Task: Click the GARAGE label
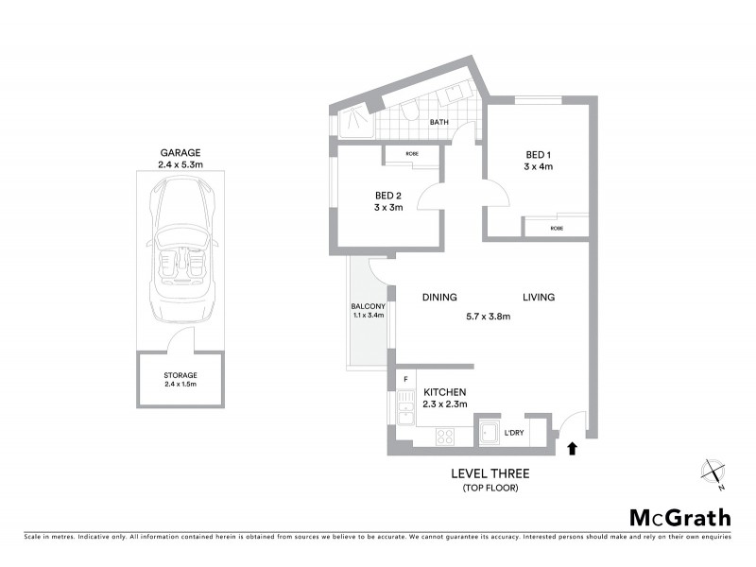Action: [180, 152]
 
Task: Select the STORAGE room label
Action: [180, 375]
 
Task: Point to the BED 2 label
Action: [389, 197]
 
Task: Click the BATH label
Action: [439, 123]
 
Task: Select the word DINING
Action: [439, 298]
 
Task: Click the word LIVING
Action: [539, 298]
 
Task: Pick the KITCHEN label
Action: [444, 392]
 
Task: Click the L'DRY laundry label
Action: [514, 433]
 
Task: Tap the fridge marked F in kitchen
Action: [404, 380]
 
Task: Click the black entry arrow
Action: [571, 449]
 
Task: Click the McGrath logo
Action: [679, 517]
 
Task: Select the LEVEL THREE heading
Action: [489, 473]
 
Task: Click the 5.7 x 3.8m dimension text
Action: [489, 317]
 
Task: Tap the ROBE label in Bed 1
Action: [557, 228]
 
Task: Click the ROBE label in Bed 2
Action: [412, 154]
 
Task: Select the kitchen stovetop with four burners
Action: [444, 437]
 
